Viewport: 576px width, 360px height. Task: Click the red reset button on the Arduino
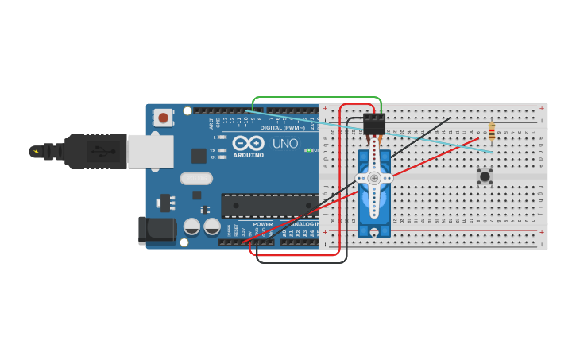point(163,118)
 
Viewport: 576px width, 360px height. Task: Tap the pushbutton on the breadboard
point(484,175)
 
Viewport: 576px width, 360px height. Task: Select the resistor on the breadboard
point(492,132)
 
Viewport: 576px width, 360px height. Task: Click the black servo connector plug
point(373,124)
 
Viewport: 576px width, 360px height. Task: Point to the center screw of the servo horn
point(374,179)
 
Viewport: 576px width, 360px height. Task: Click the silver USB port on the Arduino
point(149,151)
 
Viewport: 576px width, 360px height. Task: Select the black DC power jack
point(156,230)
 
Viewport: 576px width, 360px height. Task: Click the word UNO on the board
point(285,144)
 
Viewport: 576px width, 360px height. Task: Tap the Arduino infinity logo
point(248,142)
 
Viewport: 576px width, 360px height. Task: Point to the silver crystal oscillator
point(196,178)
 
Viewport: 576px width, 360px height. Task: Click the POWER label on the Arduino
point(262,224)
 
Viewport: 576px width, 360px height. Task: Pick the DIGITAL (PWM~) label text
point(282,127)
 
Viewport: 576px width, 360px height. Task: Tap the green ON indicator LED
point(307,150)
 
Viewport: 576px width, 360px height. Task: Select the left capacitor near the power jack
point(191,226)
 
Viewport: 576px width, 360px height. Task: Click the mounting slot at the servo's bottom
point(374,231)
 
